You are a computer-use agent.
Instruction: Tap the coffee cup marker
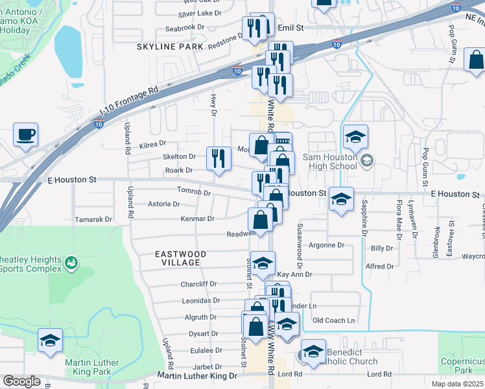(x=25, y=135)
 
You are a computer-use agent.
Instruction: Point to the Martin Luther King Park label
(x=91, y=368)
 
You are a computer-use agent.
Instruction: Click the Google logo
(x=21, y=381)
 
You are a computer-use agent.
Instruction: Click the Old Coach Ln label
(x=334, y=320)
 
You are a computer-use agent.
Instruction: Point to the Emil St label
(x=290, y=28)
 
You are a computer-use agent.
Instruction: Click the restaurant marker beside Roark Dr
(x=219, y=159)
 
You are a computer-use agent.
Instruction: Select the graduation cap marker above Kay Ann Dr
(x=262, y=263)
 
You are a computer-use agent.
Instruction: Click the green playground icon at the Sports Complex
(x=71, y=262)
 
